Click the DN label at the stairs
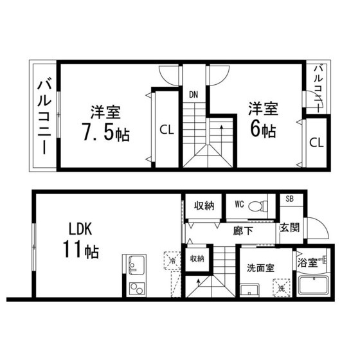(x=194, y=94)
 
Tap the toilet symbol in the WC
(x=258, y=206)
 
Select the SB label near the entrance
(x=290, y=199)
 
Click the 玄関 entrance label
(x=290, y=228)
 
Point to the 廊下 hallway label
(x=243, y=231)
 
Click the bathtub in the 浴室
(x=313, y=285)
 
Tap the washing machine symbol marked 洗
(x=282, y=288)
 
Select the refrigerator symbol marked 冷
(x=172, y=260)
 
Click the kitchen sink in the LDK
(x=136, y=265)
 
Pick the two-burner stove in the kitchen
(x=137, y=289)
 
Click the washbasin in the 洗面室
(x=249, y=290)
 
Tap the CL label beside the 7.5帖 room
(x=166, y=130)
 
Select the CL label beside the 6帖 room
(x=316, y=143)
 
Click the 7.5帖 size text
(x=106, y=132)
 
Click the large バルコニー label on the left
(x=44, y=116)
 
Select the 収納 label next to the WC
(x=204, y=206)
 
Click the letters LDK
(x=80, y=229)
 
